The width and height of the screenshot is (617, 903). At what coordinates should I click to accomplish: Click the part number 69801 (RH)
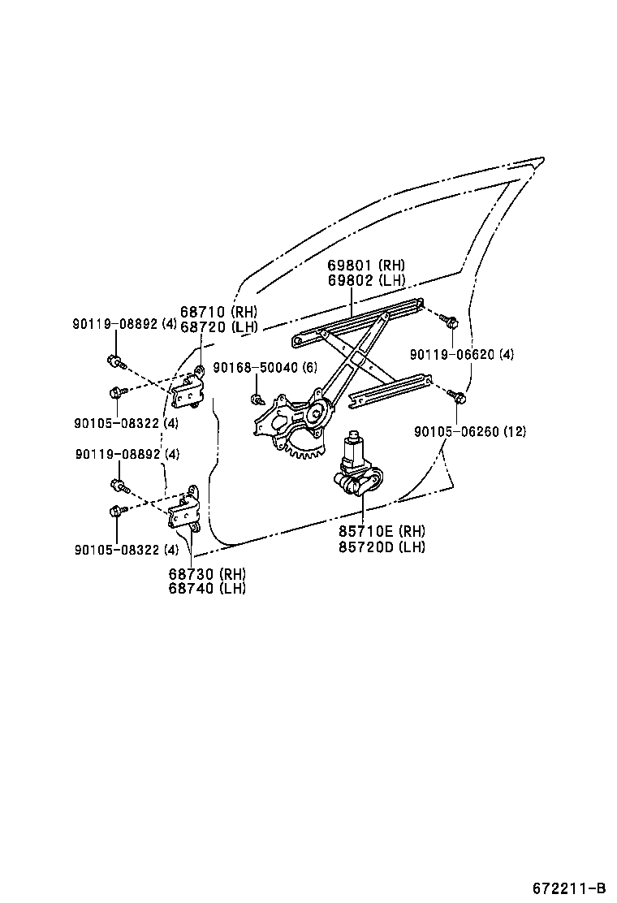point(366,266)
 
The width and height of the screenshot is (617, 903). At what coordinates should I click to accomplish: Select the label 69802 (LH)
point(366,280)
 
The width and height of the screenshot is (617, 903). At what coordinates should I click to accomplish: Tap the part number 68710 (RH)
point(218,312)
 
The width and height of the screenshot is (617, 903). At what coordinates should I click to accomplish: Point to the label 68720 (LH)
point(218,326)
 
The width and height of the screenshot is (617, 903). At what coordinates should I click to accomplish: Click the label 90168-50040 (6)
point(265,368)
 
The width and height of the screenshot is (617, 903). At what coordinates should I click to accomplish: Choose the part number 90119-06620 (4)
point(461,355)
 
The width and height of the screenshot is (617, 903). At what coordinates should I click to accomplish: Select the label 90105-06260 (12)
point(469,431)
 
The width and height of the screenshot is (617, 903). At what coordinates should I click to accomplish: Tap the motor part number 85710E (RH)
point(382,531)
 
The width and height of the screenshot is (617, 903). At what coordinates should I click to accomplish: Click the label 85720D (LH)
point(382,547)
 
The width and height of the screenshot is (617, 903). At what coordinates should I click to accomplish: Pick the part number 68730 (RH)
point(207,573)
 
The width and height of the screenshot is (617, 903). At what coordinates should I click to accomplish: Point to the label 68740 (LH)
point(207,588)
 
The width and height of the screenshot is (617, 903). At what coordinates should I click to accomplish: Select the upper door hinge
point(190,389)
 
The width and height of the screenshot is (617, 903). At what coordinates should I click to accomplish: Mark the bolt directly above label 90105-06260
point(459,397)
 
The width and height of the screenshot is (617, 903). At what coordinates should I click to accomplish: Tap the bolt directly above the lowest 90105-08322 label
point(116,511)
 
